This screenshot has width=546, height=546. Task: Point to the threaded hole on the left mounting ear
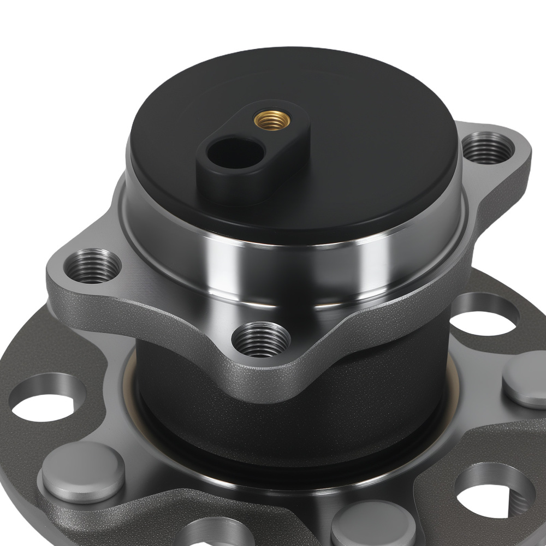pos(92,266)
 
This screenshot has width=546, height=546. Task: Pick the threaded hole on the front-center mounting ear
pos(260,339)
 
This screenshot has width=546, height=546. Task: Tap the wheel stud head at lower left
pos(82,472)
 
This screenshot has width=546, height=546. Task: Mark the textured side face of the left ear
pos(76,306)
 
